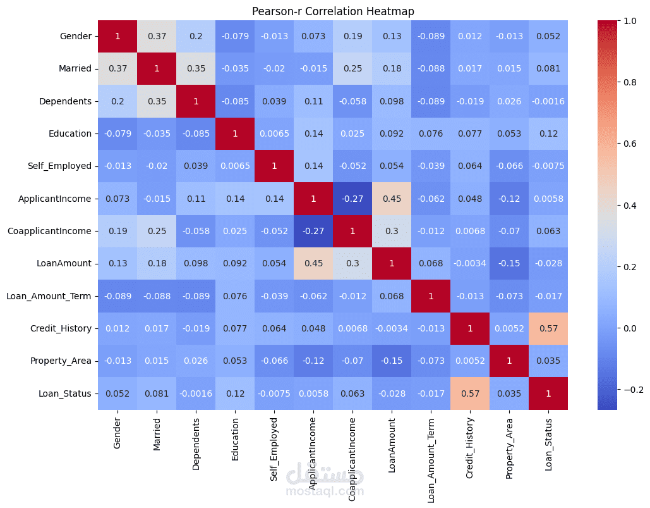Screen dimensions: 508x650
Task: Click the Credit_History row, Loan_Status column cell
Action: click(548, 328)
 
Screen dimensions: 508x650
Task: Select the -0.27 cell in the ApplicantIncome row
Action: click(352, 199)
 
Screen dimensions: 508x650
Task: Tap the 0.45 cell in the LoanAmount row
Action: click(313, 264)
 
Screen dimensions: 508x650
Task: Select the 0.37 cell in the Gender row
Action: click(157, 36)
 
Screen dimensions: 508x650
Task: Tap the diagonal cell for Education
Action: click(235, 133)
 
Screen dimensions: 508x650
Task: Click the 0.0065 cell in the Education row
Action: click(274, 133)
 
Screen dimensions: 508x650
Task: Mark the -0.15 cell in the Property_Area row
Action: click(392, 361)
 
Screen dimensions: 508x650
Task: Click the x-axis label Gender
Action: click(117, 433)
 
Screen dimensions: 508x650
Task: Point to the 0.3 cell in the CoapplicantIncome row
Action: click(392, 231)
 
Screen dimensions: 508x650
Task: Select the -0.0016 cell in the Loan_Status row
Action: click(196, 393)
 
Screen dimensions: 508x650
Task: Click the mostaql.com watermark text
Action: click(325, 491)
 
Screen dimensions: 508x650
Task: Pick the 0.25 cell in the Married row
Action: click(352, 68)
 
